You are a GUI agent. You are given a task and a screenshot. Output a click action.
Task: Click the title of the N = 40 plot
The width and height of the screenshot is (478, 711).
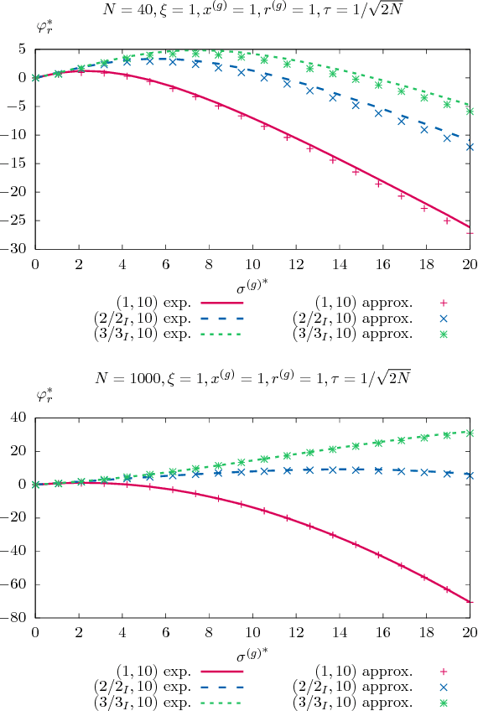tap(252, 12)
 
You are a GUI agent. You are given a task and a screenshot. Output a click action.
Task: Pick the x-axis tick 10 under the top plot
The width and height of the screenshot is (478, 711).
tap(252, 263)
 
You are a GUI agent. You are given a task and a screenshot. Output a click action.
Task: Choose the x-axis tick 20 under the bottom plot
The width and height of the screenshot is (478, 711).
tap(470, 632)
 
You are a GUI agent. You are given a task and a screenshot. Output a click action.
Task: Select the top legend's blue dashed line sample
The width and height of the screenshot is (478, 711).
tap(221, 318)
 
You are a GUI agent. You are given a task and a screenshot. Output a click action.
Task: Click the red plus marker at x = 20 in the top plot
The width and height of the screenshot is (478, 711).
tap(470, 232)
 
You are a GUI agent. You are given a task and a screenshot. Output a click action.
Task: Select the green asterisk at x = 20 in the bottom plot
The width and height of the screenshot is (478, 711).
tap(470, 433)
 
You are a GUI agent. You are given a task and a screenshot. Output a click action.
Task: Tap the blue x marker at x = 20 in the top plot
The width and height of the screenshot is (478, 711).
tap(470, 147)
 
